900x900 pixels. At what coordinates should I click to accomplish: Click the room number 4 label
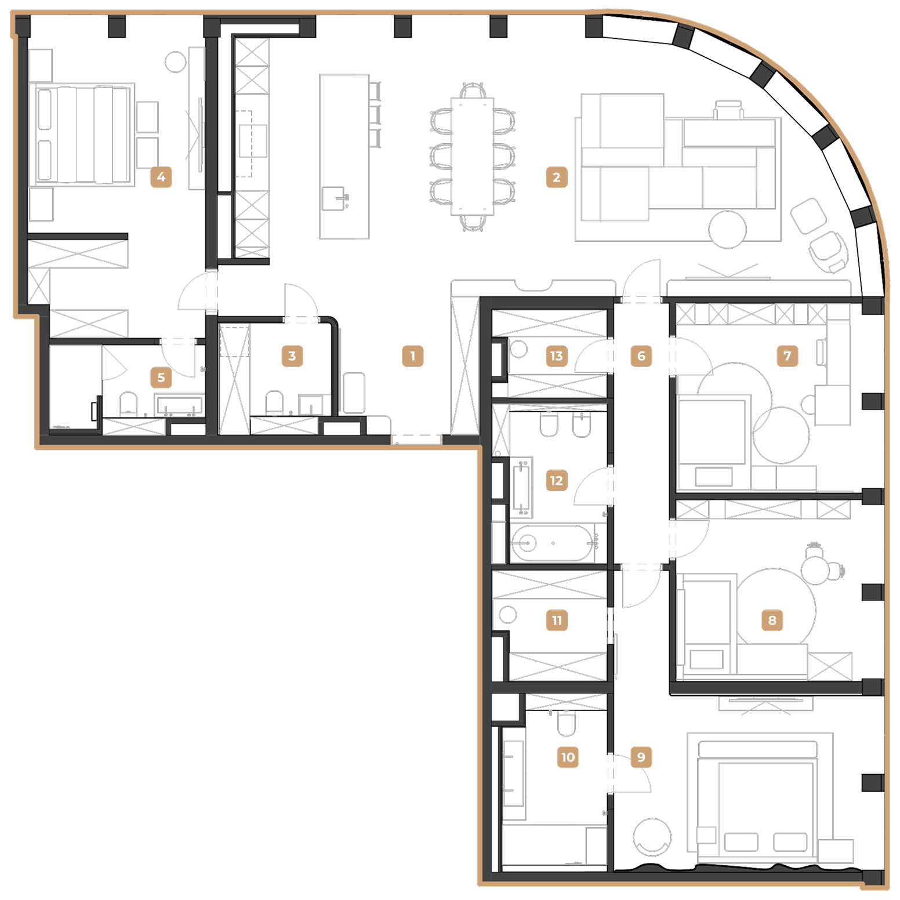click(161, 177)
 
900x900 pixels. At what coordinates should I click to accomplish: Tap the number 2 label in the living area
click(557, 177)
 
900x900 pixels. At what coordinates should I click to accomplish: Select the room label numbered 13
click(557, 356)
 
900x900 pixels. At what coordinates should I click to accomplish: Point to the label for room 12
click(557, 481)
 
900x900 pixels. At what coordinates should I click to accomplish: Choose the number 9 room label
click(641, 757)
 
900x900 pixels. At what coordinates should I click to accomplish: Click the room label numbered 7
click(788, 356)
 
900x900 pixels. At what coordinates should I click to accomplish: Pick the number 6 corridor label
click(641, 356)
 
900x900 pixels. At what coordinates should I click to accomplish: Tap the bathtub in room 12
click(551, 543)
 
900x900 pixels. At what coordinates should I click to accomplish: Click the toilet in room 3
click(274, 403)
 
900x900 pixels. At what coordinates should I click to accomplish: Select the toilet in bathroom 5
click(128, 404)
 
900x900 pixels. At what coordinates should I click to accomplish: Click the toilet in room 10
click(566, 723)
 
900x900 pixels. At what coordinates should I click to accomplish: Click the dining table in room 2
click(473, 156)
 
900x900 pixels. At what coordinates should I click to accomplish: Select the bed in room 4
click(82, 135)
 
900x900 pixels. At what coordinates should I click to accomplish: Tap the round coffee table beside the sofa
click(727, 230)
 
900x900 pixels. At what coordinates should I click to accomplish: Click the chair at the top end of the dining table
click(473, 90)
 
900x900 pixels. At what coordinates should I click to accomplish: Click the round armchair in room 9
click(652, 837)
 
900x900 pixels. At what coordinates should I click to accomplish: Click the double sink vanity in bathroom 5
click(179, 405)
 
